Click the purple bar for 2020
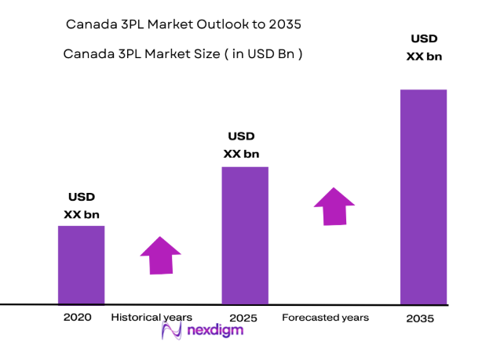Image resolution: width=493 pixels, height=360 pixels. point(81,264)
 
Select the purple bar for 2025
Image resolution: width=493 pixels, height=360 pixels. point(244,235)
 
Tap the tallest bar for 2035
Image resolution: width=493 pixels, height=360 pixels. point(423,196)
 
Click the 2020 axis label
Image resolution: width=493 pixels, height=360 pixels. point(77,318)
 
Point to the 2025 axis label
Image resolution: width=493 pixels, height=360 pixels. point(243,318)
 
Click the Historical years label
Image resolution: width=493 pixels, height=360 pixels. point(152,318)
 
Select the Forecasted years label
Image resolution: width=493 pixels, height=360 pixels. point(325,318)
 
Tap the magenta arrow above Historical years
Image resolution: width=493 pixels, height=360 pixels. point(161,255)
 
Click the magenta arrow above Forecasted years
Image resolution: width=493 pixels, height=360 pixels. point(334,206)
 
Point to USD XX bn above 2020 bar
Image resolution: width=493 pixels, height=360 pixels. point(81,205)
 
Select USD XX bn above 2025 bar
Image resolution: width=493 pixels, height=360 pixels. point(241,145)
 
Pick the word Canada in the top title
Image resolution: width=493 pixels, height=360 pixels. point(88,24)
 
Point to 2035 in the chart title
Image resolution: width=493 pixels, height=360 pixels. point(285,24)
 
